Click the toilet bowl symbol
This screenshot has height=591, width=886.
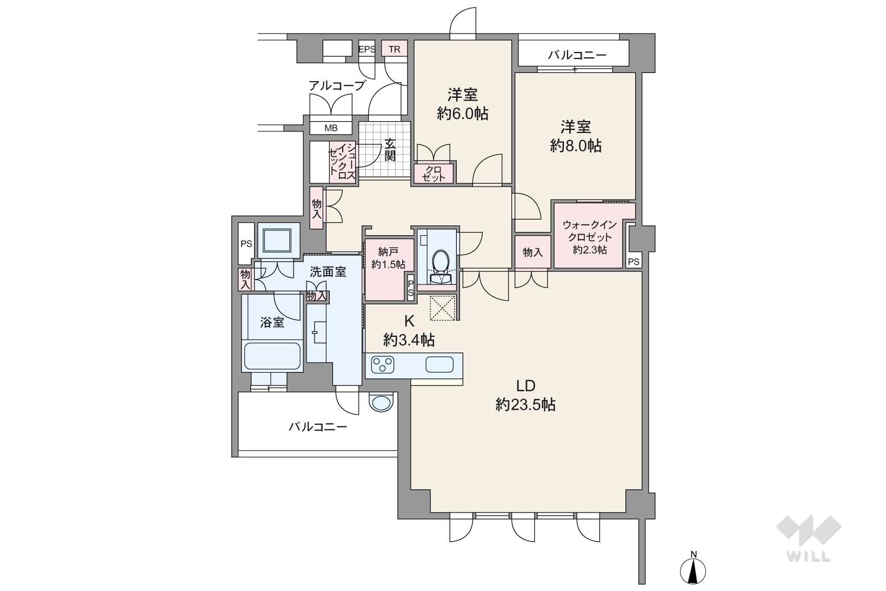pyautogui.click(x=440, y=262)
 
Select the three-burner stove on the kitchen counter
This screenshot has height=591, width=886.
pyautogui.click(x=383, y=365)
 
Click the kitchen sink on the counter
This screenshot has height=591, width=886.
pyautogui.click(x=439, y=365)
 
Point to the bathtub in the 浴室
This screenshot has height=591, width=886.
pyautogui.click(x=272, y=356)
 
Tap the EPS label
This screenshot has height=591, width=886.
pyautogui.click(x=367, y=49)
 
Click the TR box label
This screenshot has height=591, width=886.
pyautogui.click(x=395, y=49)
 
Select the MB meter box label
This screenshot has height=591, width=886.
pyautogui.click(x=331, y=128)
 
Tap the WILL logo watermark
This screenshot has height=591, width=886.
pyautogui.click(x=809, y=539)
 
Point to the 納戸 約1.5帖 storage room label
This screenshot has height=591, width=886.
pyautogui.click(x=388, y=258)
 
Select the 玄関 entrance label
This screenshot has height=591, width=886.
pyautogui.click(x=390, y=150)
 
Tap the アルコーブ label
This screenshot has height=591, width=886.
pyautogui.click(x=336, y=85)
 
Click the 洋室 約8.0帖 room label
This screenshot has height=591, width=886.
pyautogui.click(x=576, y=136)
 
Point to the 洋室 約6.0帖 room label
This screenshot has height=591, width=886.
pyautogui.click(x=462, y=104)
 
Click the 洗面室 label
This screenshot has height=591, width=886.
pyautogui.click(x=328, y=272)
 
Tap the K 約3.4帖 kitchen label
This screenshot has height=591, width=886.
pyautogui.click(x=409, y=331)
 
